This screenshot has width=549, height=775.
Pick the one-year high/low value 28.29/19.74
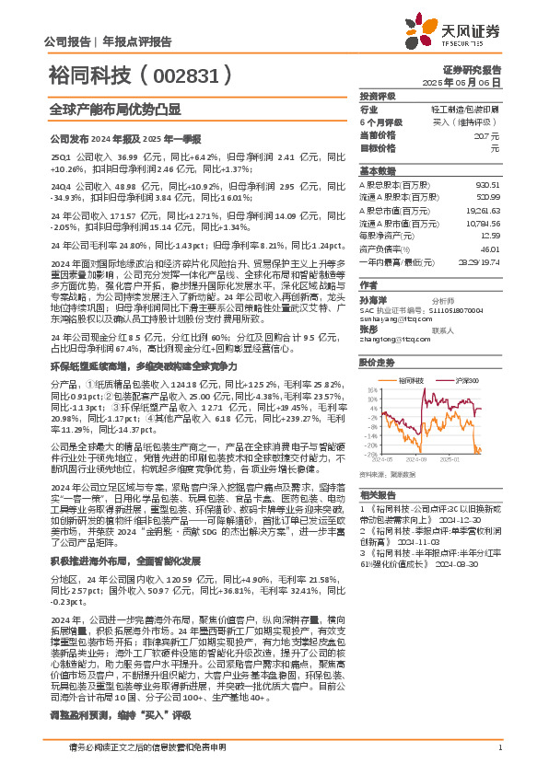[x=477, y=261]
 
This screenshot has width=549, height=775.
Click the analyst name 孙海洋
[x=371, y=299]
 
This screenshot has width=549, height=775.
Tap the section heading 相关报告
[x=376, y=493]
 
